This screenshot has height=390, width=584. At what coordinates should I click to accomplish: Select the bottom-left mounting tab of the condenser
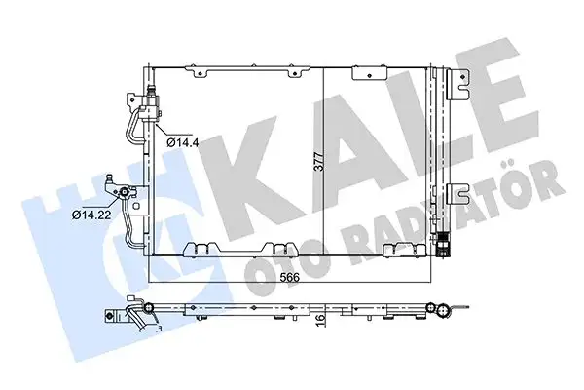[204, 250]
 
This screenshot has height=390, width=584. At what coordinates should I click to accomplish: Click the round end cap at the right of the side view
[442, 312]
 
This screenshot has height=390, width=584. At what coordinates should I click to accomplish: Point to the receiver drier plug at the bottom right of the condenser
[445, 247]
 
